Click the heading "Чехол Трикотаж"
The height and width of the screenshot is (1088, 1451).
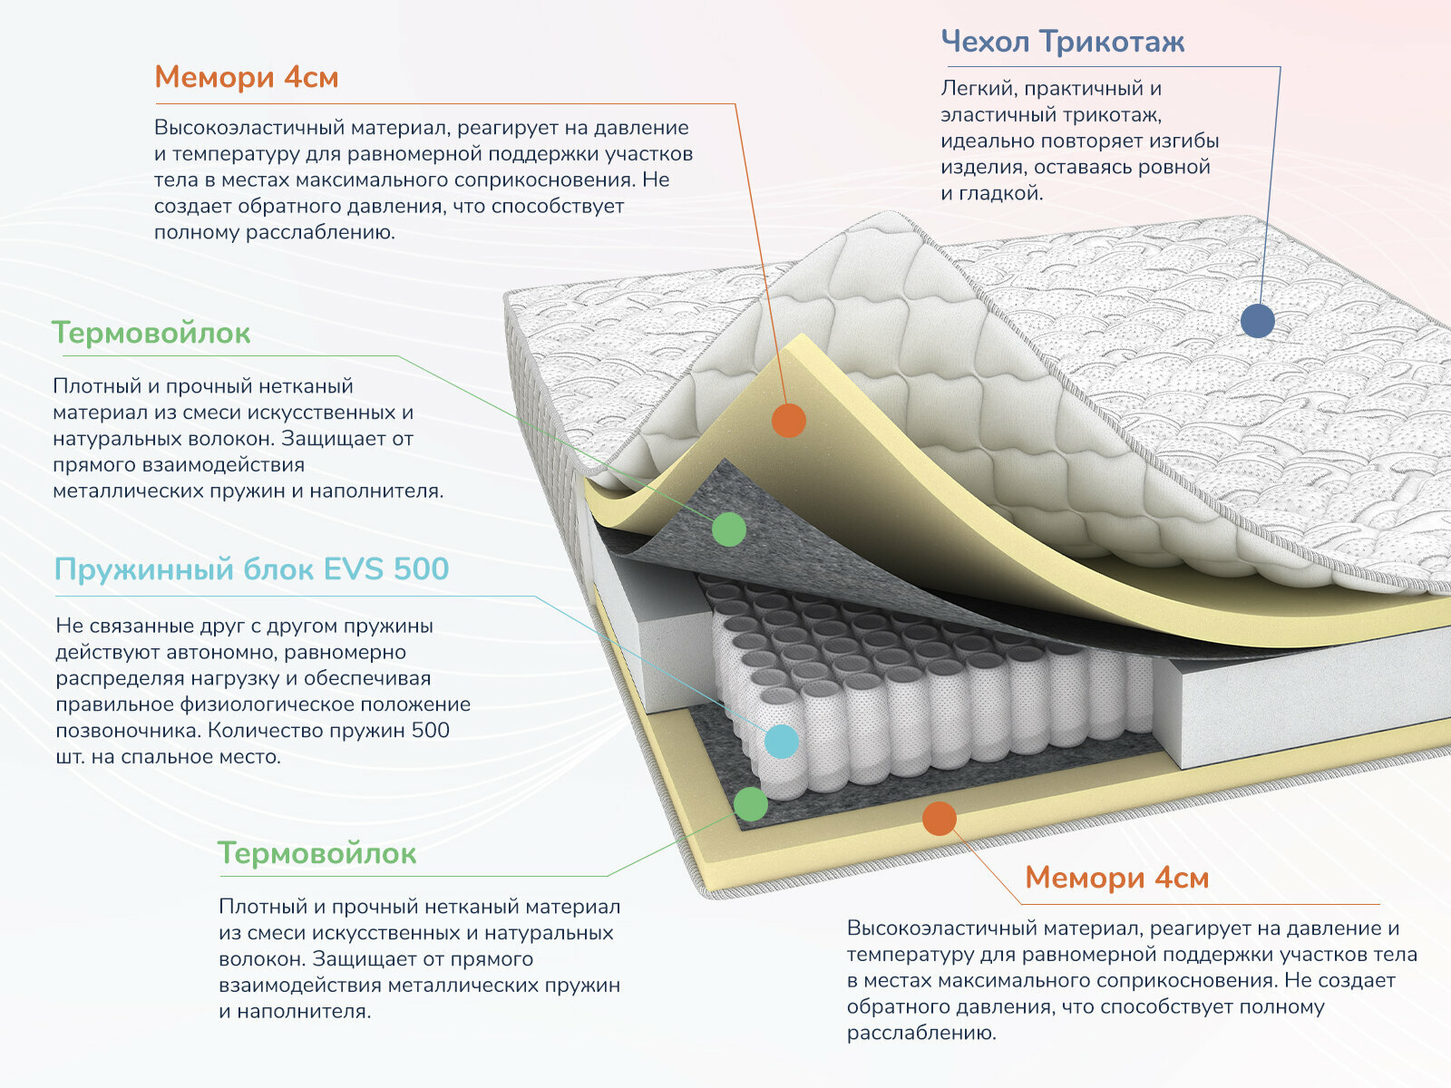click(x=1062, y=42)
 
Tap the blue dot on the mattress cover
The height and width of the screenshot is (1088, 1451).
click(x=1257, y=320)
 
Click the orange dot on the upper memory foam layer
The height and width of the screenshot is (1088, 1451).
click(x=788, y=420)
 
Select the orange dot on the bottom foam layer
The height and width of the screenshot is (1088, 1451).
click(x=939, y=818)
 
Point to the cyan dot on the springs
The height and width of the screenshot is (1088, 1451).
click(x=781, y=741)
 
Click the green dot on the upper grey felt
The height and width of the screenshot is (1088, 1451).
click(x=728, y=529)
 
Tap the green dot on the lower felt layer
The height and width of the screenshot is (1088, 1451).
click(x=750, y=803)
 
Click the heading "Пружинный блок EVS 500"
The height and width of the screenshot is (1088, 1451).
click(x=251, y=569)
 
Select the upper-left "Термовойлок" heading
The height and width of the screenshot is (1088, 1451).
click(x=151, y=333)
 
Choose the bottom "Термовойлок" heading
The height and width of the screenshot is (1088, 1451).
click(x=316, y=853)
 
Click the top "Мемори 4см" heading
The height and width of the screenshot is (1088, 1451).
click(x=246, y=77)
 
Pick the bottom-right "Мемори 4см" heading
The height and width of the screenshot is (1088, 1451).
click(x=1116, y=878)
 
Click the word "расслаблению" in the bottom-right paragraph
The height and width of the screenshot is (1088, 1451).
click(x=920, y=1033)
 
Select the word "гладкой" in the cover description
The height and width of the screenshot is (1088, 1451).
click(x=1000, y=193)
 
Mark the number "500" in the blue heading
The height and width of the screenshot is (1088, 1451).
click(x=422, y=569)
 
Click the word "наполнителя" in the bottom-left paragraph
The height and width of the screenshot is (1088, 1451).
click(x=307, y=1011)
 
